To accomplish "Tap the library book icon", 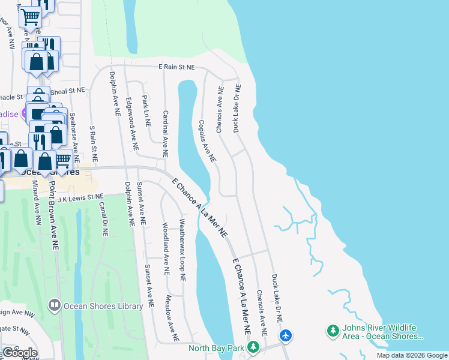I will [x=55, y=306].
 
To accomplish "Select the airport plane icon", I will [x=286, y=335].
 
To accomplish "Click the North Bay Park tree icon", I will [x=254, y=347].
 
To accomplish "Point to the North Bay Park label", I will [x=216, y=348].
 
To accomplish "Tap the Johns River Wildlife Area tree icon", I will [x=333, y=331].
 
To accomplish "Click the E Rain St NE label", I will [x=176, y=67].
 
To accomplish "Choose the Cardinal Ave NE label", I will [x=164, y=133].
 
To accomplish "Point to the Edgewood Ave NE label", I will [x=131, y=124].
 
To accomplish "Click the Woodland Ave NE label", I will [x=166, y=249].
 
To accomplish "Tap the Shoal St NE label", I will [x=68, y=91].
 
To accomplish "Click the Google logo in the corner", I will [x=20, y=353].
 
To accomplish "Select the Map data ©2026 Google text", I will [x=411, y=355].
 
